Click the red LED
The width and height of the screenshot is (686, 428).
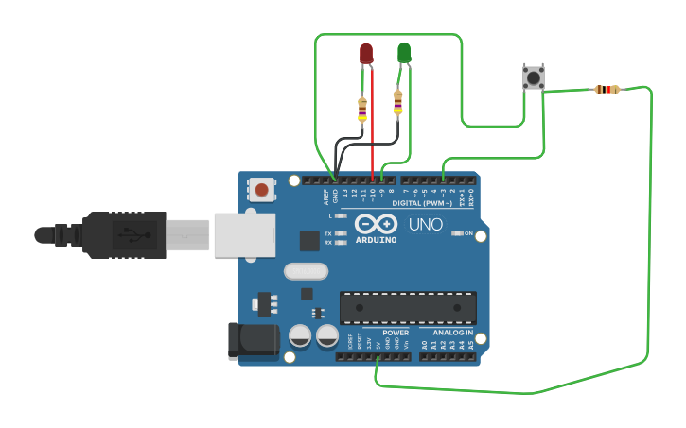[x=367, y=54]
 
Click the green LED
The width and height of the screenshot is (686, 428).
[x=404, y=53]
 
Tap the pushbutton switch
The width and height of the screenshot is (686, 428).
[x=534, y=77]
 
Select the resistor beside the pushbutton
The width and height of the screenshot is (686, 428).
[x=607, y=90]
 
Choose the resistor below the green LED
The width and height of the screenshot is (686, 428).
[x=397, y=101]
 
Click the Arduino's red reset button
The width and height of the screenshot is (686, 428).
[x=261, y=191]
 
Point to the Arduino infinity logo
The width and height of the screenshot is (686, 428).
[x=377, y=225]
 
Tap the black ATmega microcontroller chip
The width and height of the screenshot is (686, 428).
[x=408, y=307]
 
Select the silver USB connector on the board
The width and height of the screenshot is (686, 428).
[x=243, y=234]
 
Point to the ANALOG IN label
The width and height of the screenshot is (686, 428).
[x=453, y=333]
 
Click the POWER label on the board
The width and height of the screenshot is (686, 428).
[x=396, y=333]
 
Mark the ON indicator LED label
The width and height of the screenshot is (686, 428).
[x=467, y=233]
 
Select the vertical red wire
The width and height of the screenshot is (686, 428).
[x=372, y=123]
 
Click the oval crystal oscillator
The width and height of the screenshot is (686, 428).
[x=305, y=271]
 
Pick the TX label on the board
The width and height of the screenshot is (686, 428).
[x=328, y=232]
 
